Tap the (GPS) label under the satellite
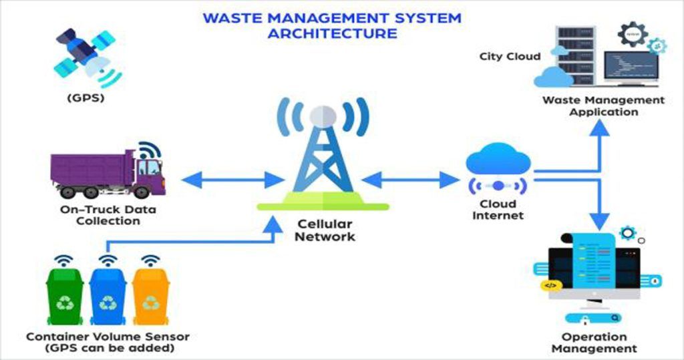(85, 98)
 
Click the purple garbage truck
(107, 172)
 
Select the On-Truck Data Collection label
(108, 215)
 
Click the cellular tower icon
(323, 154)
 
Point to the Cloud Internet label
(498, 210)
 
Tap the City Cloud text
(510, 56)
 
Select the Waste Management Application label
(603, 106)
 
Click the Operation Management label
(594, 343)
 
